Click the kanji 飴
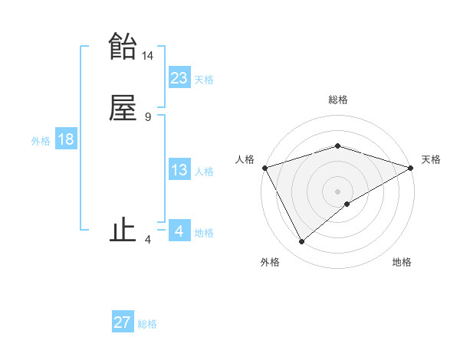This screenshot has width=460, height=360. (x=123, y=47)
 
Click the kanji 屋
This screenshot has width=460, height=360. (x=123, y=107)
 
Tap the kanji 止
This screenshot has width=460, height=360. (x=123, y=230)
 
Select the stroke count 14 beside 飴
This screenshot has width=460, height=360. (x=148, y=56)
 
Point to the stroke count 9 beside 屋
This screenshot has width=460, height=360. (x=147, y=117)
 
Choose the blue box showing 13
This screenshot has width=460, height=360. (x=179, y=170)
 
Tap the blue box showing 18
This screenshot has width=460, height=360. (x=65, y=139)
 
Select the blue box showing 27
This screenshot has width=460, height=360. (x=123, y=322)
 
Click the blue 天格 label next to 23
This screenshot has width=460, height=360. (x=204, y=80)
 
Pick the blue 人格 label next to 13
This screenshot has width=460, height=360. (x=204, y=172)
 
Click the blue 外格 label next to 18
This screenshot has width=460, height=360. (x=41, y=141)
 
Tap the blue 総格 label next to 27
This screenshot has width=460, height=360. (x=147, y=324)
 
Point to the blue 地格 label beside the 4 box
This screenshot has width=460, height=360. (x=204, y=233)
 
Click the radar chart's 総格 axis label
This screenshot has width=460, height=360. (x=338, y=100)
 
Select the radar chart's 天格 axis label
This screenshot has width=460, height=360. (x=431, y=159)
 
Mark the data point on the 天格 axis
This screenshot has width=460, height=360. (x=411, y=167)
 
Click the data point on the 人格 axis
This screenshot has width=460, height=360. (x=264, y=167)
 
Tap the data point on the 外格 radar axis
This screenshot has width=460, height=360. (x=302, y=242)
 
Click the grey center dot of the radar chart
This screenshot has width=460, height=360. (x=338, y=191)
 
